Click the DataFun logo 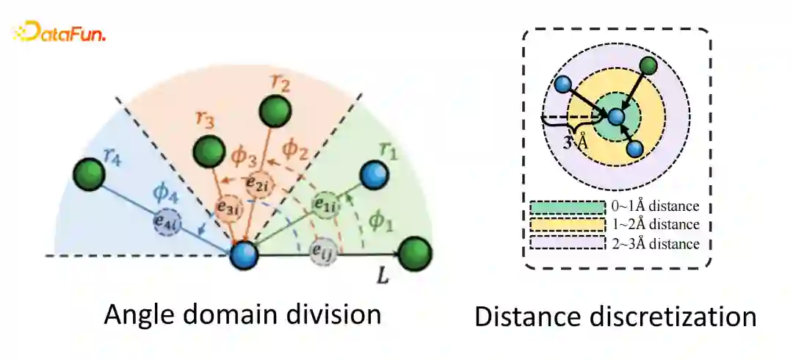pyautogui.click(x=60, y=32)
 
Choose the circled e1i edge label pyautogui.click(x=324, y=204)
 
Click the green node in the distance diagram pyautogui.click(x=648, y=67)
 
